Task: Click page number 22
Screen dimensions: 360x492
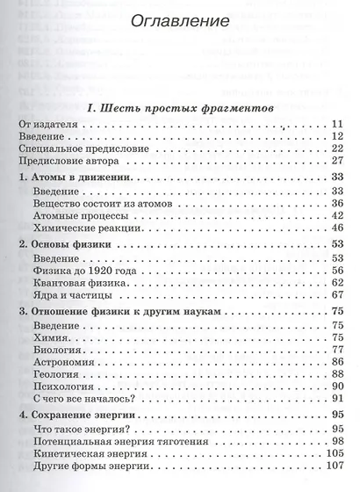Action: point(335,149)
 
